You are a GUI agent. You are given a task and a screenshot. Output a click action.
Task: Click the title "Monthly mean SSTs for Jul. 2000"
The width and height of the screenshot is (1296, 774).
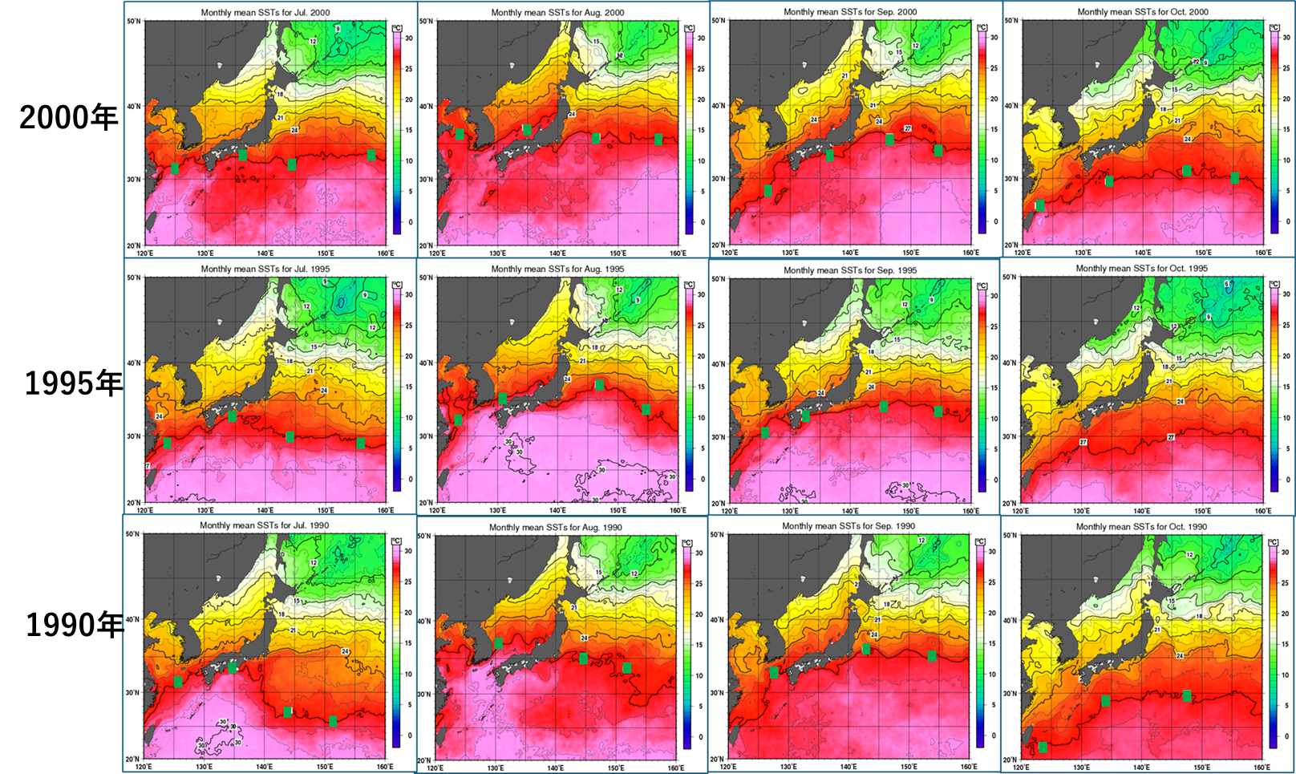point(265,13)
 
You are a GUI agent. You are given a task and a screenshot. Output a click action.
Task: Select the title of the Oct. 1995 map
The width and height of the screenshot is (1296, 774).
point(1142,269)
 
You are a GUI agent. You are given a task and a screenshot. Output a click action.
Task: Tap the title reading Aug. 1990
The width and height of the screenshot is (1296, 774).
point(557,528)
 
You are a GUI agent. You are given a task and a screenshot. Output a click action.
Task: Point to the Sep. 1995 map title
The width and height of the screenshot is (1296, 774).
point(850,270)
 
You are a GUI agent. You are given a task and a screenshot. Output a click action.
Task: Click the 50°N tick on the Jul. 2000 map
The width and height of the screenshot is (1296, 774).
point(134,21)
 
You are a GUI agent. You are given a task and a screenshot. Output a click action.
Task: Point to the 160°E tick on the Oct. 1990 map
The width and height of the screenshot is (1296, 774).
point(1262,768)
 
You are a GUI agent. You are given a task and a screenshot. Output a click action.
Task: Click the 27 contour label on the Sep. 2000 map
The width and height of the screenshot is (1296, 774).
point(908,128)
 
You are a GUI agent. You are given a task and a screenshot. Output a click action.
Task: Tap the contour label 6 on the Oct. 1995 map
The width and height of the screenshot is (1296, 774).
point(1227,284)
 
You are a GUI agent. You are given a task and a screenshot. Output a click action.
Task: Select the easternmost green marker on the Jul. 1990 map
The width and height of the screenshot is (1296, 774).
point(333,721)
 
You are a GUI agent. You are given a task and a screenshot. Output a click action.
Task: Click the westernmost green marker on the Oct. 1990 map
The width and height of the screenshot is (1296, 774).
point(1043,748)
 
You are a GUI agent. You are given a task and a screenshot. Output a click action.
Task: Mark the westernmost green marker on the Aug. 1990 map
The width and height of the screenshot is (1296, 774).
point(499,643)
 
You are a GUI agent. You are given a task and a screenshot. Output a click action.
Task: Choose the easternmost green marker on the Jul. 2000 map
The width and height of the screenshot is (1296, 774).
point(371,155)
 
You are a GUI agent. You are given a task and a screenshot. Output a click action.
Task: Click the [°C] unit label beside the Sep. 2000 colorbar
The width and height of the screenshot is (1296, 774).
point(982,28)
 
